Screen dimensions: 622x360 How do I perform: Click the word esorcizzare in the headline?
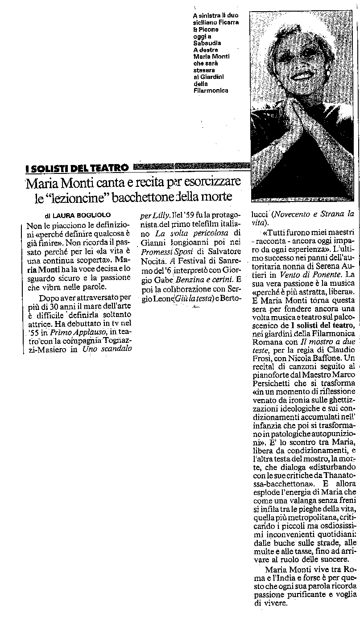point(210,183)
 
